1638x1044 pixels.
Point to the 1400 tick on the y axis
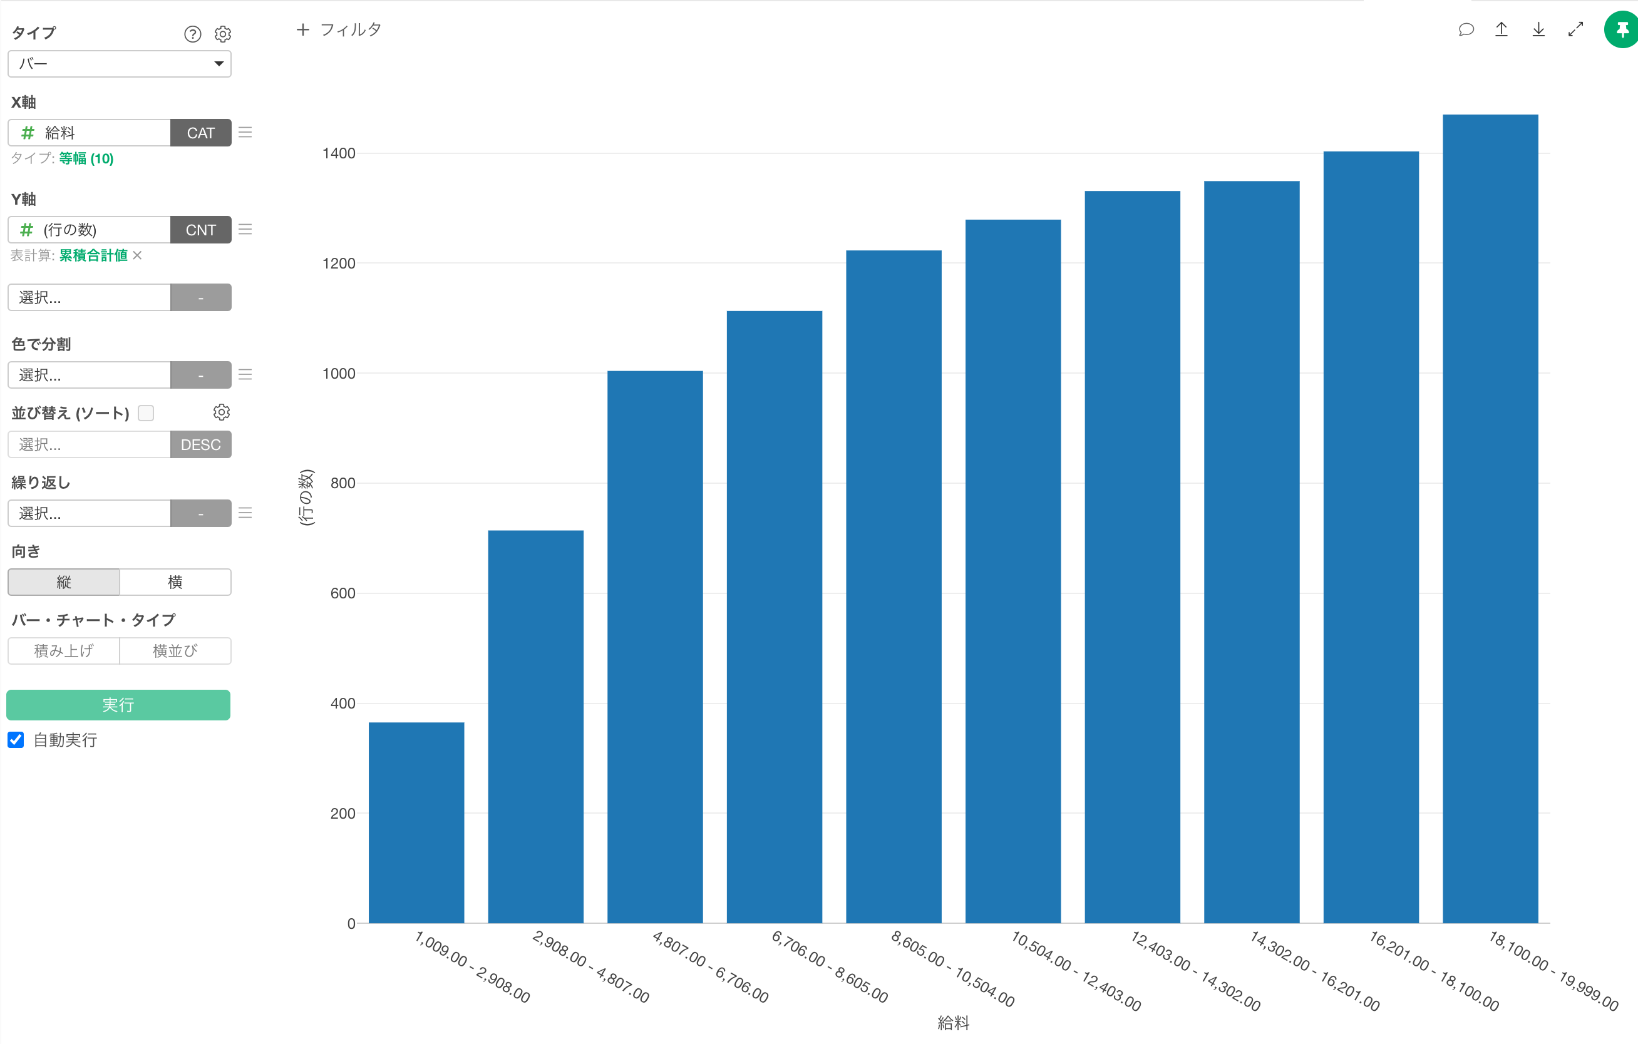tap(339, 154)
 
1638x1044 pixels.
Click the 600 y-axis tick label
tap(342, 593)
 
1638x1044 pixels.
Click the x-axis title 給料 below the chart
tap(953, 1023)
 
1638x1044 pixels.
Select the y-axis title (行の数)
tap(307, 497)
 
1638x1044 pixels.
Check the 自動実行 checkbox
tap(16, 740)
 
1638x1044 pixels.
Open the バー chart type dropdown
tap(120, 64)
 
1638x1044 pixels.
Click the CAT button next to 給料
tap(200, 133)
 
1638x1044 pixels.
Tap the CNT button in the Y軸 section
tap(200, 230)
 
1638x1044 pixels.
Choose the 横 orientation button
tap(175, 582)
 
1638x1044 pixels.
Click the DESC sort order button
tap(200, 445)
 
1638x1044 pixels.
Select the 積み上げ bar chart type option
tap(64, 651)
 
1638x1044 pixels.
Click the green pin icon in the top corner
tap(1622, 30)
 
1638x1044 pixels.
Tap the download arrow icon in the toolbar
tap(1538, 30)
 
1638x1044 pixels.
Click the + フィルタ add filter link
tap(339, 30)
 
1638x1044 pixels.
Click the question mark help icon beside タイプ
tap(192, 34)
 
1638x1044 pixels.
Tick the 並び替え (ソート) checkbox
tap(145, 413)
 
